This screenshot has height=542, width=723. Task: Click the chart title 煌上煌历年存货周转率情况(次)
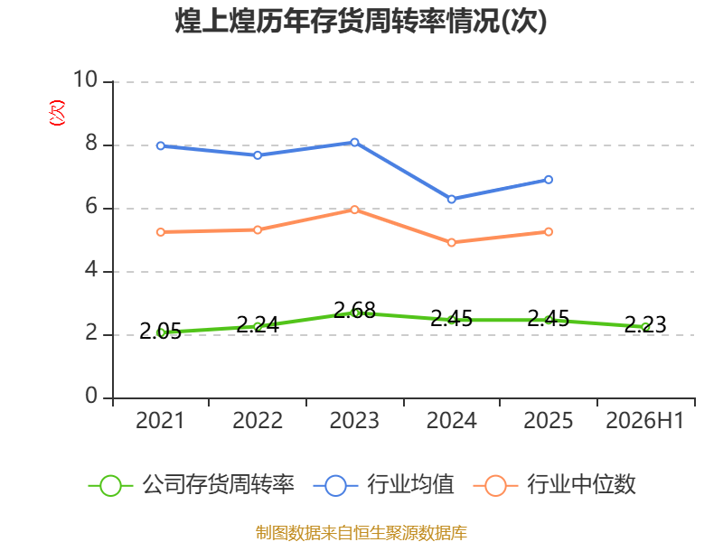pos(361,21)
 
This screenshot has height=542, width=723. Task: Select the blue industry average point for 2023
pos(354,143)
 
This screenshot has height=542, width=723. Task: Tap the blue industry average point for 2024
pos(452,199)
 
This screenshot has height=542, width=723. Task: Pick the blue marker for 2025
pos(549,180)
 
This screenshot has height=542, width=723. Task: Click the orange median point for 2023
pos(354,210)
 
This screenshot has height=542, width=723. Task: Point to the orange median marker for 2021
pos(161,232)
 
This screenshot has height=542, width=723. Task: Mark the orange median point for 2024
pos(452,242)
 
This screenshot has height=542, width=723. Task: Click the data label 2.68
pos(354,310)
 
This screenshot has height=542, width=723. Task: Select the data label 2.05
pos(161,331)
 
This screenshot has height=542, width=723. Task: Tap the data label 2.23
pos(645,325)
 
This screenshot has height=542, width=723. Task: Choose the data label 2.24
pos(258,325)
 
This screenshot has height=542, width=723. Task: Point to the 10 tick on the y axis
pos(86,79)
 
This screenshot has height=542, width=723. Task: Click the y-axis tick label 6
pos(91,207)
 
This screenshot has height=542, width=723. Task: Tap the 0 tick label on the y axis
pos(91,396)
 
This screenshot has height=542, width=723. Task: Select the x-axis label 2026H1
pos(645,421)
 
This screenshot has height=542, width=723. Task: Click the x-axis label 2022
pos(258,421)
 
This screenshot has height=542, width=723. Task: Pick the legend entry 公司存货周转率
pos(192,485)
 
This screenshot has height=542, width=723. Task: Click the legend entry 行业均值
pos(383,485)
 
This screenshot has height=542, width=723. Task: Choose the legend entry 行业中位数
pos(555,485)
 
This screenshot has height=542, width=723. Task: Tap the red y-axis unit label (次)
pos(57,113)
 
